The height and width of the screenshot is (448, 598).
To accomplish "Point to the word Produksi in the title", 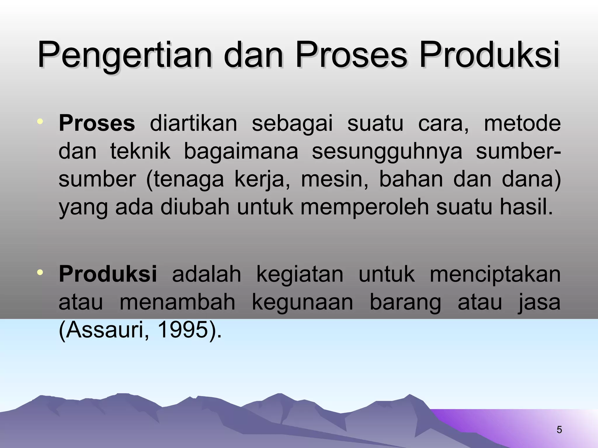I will point(489,55).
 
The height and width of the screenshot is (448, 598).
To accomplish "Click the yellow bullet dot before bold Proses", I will point(40,121).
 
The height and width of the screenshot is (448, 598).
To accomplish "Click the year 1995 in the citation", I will point(181,330).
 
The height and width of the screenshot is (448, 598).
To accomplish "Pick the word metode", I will point(522,123).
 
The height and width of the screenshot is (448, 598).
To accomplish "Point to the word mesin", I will point(335,179).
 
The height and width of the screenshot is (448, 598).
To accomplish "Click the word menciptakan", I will point(495,275).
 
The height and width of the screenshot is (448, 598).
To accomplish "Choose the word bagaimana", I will point(241,151).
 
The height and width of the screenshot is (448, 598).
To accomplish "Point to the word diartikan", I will point(193,123).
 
